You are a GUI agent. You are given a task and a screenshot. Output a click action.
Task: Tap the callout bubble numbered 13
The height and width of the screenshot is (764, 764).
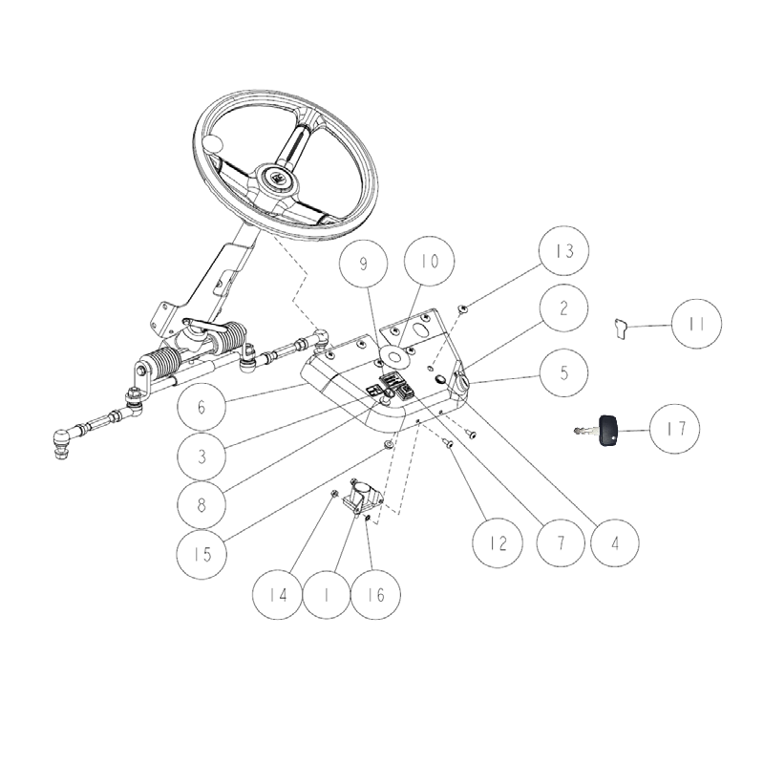point(563,252)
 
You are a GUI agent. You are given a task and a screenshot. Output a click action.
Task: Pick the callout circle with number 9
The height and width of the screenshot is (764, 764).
point(366,265)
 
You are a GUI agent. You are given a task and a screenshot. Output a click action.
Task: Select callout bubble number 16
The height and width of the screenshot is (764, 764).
point(376,593)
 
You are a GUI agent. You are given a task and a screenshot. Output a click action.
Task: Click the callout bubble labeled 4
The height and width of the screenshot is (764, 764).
point(613,543)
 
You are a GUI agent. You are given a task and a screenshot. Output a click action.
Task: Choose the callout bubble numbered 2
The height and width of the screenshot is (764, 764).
point(563,308)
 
